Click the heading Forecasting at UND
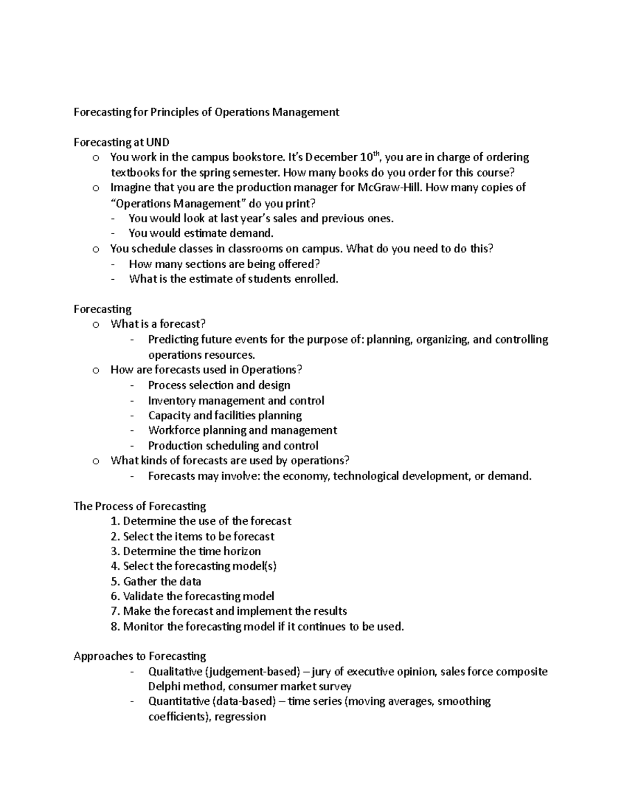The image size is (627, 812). click(121, 142)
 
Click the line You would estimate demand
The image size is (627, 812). click(201, 233)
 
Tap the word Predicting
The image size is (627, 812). click(173, 340)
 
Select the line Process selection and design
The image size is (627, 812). click(219, 385)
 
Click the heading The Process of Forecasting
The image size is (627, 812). click(140, 506)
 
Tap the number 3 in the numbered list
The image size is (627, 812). click(114, 552)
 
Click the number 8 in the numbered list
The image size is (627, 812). click(114, 627)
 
